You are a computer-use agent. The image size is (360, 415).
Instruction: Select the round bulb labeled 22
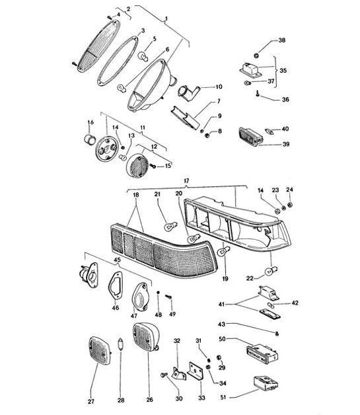click(270, 271)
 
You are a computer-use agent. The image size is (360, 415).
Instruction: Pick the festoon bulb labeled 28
click(120, 346)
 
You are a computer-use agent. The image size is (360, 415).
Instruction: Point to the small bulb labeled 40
click(269, 130)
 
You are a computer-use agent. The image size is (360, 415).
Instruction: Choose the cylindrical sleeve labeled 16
click(87, 139)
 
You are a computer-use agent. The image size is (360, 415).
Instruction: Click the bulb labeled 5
click(141, 57)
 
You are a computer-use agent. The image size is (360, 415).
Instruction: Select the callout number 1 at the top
click(166, 17)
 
